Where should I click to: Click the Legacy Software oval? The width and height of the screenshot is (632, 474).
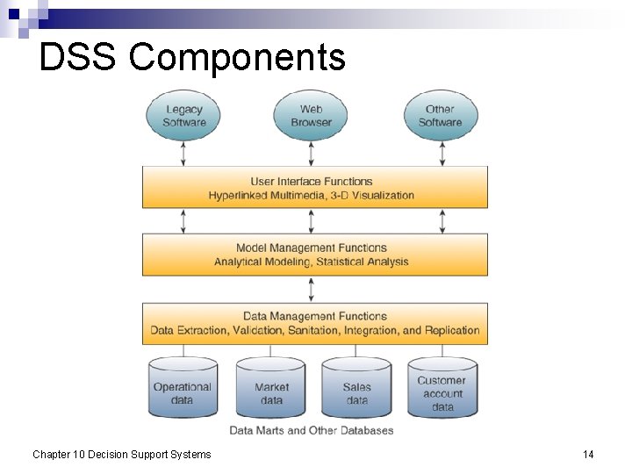(183, 116)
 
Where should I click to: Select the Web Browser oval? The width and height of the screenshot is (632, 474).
(312, 116)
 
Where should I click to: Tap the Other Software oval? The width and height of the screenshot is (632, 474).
(440, 116)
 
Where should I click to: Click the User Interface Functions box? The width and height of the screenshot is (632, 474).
(314, 187)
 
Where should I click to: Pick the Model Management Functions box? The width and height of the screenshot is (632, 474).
(314, 255)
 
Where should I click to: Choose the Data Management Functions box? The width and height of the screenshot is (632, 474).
(314, 323)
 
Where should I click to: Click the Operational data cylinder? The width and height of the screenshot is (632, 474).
(183, 390)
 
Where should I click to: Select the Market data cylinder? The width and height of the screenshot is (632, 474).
(271, 390)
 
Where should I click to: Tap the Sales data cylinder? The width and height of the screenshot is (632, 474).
(356, 390)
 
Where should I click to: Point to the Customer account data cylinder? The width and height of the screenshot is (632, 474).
(442, 390)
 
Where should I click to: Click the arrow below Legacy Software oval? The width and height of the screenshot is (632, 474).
(183, 154)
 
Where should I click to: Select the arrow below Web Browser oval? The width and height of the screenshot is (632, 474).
(312, 154)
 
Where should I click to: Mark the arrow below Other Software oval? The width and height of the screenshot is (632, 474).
(442, 154)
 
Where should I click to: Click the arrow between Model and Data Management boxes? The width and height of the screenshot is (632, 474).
(312, 289)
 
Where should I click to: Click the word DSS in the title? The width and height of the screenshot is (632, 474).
(79, 58)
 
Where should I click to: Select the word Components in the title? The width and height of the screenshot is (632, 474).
(237, 58)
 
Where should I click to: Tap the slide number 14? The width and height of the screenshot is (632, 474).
(588, 454)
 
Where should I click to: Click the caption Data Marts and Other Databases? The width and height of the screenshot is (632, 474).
(312, 430)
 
